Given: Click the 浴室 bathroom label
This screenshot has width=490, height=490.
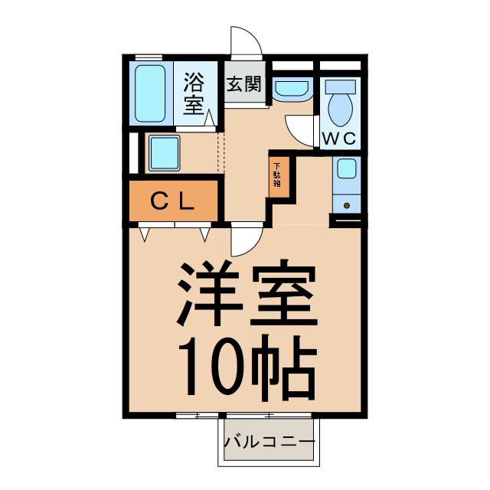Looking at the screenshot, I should (x=194, y=91).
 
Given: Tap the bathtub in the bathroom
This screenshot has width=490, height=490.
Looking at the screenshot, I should (x=150, y=93).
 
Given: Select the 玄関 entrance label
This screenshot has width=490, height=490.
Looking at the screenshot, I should (x=243, y=83).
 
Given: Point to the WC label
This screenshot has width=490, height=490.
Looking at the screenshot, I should (x=338, y=139).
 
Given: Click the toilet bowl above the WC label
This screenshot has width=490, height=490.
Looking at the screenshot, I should (x=340, y=108).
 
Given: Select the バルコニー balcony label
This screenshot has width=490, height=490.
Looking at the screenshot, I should (x=269, y=443).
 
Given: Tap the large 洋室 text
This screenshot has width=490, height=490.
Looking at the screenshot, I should (x=247, y=295).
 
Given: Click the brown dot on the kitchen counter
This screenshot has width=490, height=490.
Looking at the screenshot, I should (x=346, y=205).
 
